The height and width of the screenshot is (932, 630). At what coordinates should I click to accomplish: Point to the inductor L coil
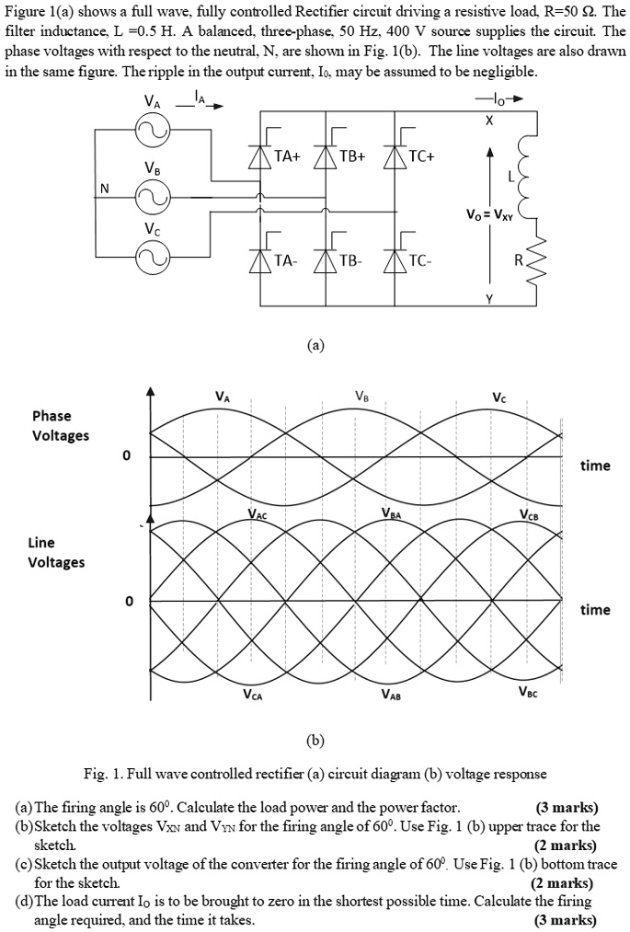point(526,171)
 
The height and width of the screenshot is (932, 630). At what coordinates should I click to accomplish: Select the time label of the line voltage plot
point(595,609)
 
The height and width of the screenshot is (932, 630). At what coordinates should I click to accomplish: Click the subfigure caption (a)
point(315,346)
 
